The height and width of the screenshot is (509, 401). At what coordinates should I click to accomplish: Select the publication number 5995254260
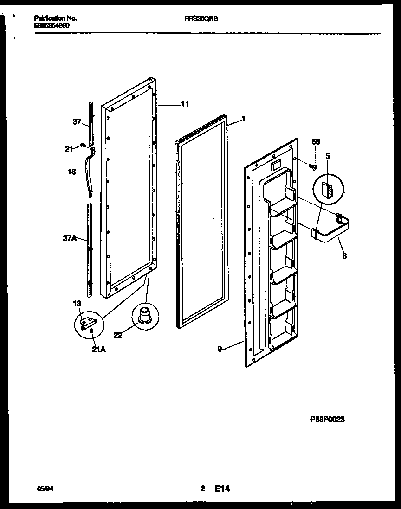click(x=52, y=26)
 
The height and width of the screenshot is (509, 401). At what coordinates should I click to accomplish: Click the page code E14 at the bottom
click(x=222, y=488)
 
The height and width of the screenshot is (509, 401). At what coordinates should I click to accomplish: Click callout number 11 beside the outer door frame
click(x=184, y=104)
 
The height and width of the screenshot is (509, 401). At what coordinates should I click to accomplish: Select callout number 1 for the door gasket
click(x=243, y=119)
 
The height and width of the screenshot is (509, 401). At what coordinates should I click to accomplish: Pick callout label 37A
click(x=70, y=239)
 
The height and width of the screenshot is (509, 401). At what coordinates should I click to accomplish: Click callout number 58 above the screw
click(x=316, y=142)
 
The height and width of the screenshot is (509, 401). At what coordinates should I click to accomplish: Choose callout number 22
click(x=118, y=335)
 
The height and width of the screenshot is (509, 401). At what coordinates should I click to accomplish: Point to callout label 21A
click(x=98, y=350)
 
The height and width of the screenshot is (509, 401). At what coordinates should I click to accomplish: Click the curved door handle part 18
click(x=88, y=176)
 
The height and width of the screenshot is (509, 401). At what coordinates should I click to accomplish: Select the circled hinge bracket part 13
click(x=88, y=324)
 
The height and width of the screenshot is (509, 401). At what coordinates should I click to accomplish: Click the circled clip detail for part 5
click(x=329, y=191)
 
